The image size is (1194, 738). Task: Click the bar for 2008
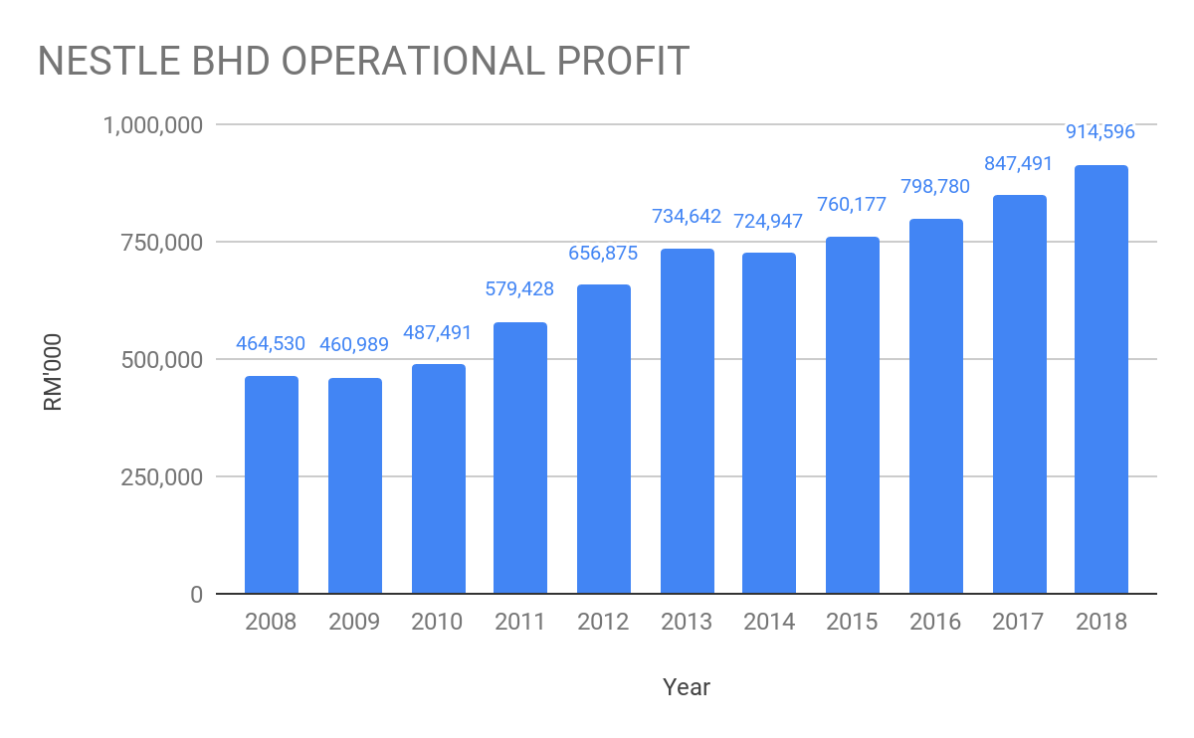pyautogui.click(x=272, y=484)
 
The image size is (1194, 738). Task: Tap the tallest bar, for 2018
pyautogui.click(x=1101, y=379)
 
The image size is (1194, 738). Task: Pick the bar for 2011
pyautogui.click(x=520, y=458)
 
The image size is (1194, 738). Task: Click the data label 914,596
pyautogui.click(x=1100, y=131)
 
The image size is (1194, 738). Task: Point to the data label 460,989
pyautogui.click(x=355, y=345)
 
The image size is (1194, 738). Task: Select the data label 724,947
pyautogui.click(x=770, y=221)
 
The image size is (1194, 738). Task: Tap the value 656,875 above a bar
pyautogui.click(x=603, y=253)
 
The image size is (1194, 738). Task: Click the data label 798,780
pyautogui.click(x=935, y=186)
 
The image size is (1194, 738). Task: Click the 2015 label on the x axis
pyautogui.click(x=853, y=623)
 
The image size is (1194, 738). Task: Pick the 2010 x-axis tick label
pyautogui.click(x=438, y=623)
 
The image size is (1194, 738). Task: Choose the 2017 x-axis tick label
pyautogui.click(x=1018, y=623)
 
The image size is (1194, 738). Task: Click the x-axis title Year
pyautogui.click(x=687, y=687)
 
